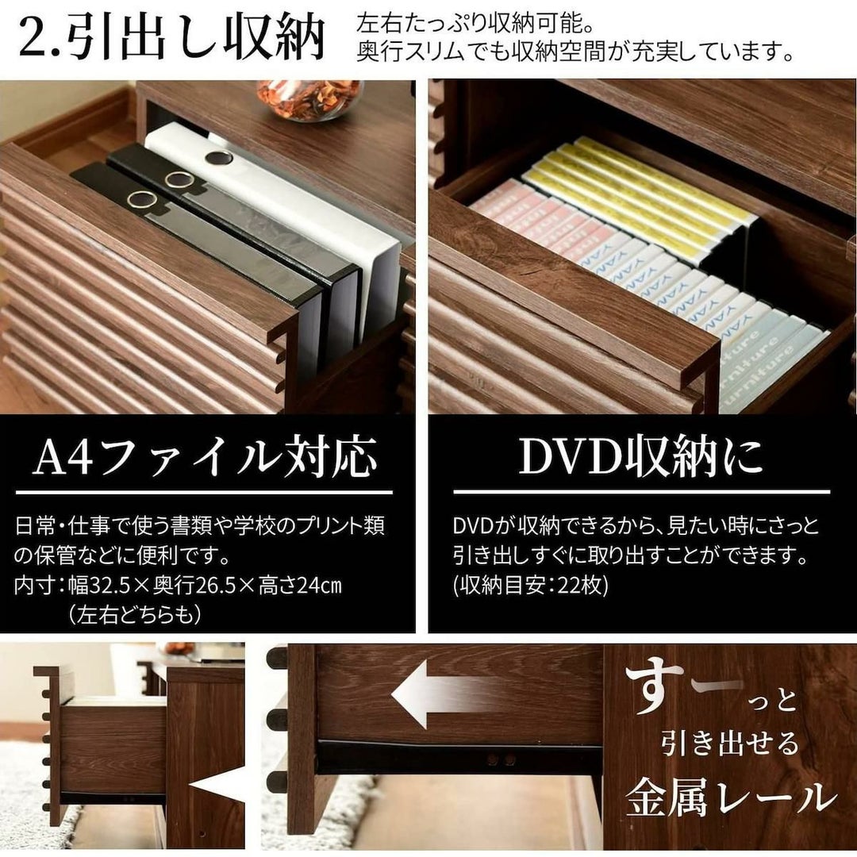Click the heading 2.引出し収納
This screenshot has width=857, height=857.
pyautogui.click(x=172, y=38)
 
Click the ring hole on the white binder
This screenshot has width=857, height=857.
pyautogui.click(x=219, y=159)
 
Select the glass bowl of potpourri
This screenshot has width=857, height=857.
pyautogui.click(x=310, y=99)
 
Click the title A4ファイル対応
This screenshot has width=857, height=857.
pyautogui.click(x=205, y=457)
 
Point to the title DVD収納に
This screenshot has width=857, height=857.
pyautogui.click(x=640, y=456)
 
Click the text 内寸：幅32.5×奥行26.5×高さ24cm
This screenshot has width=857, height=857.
pyautogui.click(x=179, y=586)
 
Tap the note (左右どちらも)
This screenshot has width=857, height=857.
pyautogui.click(x=134, y=614)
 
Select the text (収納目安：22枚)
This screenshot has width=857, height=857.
pyautogui.click(x=530, y=585)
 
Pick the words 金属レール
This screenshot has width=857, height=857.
pyautogui.click(x=732, y=798)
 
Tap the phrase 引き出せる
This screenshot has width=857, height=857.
pyautogui.click(x=730, y=744)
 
